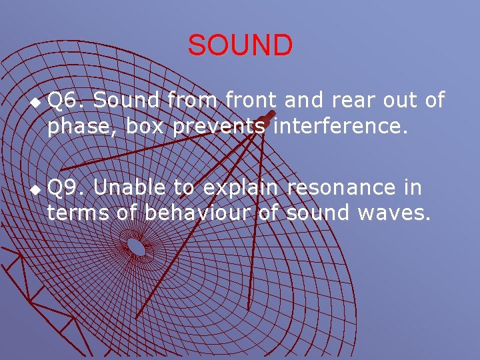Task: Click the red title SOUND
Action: (240, 45)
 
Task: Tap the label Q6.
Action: (66, 101)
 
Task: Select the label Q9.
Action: (66, 189)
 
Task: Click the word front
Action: (253, 101)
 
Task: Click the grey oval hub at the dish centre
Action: (137, 247)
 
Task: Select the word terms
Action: (74, 213)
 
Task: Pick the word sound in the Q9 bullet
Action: (318, 213)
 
